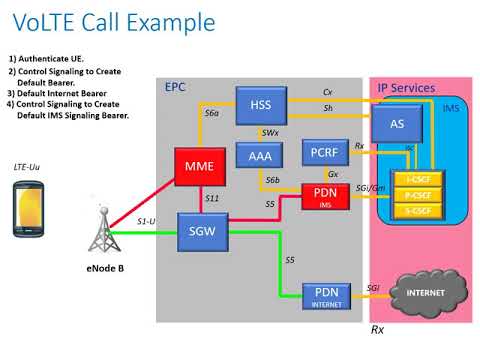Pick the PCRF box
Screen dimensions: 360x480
click(324, 153)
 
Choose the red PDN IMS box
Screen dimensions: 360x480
click(326, 195)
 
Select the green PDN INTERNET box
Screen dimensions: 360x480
click(326, 296)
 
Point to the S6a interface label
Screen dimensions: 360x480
click(212, 114)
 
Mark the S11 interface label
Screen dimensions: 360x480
click(212, 199)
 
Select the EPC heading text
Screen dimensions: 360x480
click(175, 87)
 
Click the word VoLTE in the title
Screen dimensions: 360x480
click(50, 22)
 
